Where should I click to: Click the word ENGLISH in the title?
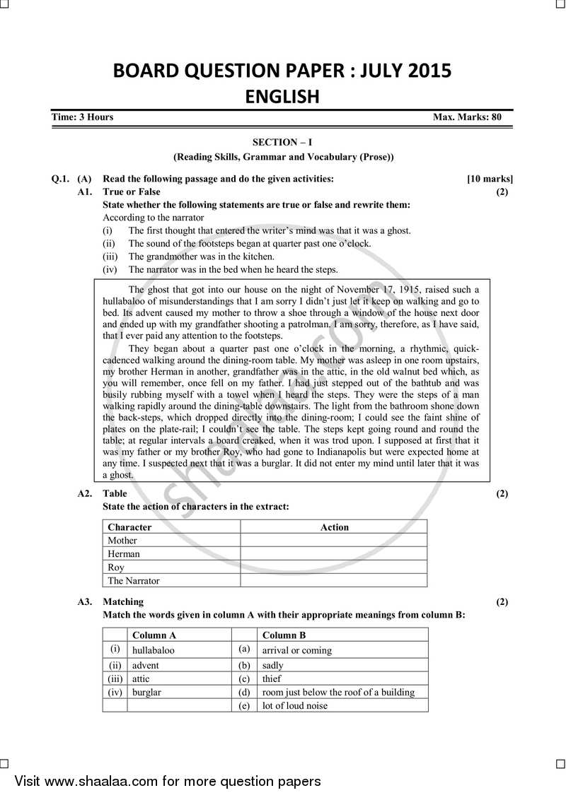(x=282, y=96)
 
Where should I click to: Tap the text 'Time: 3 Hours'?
(x=82, y=117)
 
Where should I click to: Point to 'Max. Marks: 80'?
(x=467, y=117)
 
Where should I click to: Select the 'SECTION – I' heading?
(x=282, y=142)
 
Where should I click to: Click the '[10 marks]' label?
(x=490, y=179)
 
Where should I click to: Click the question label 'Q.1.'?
(x=61, y=179)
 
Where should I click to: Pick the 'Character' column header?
(x=129, y=527)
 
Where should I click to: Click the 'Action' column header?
(x=334, y=527)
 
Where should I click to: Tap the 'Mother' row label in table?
(x=122, y=541)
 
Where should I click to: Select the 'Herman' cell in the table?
(x=124, y=554)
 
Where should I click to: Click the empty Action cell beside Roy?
(x=333, y=567)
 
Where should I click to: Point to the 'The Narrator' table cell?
(x=134, y=581)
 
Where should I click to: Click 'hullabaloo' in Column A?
(x=154, y=650)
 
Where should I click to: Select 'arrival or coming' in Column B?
(x=296, y=650)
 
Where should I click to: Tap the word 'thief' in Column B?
(x=272, y=678)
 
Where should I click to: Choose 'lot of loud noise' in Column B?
(x=295, y=705)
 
